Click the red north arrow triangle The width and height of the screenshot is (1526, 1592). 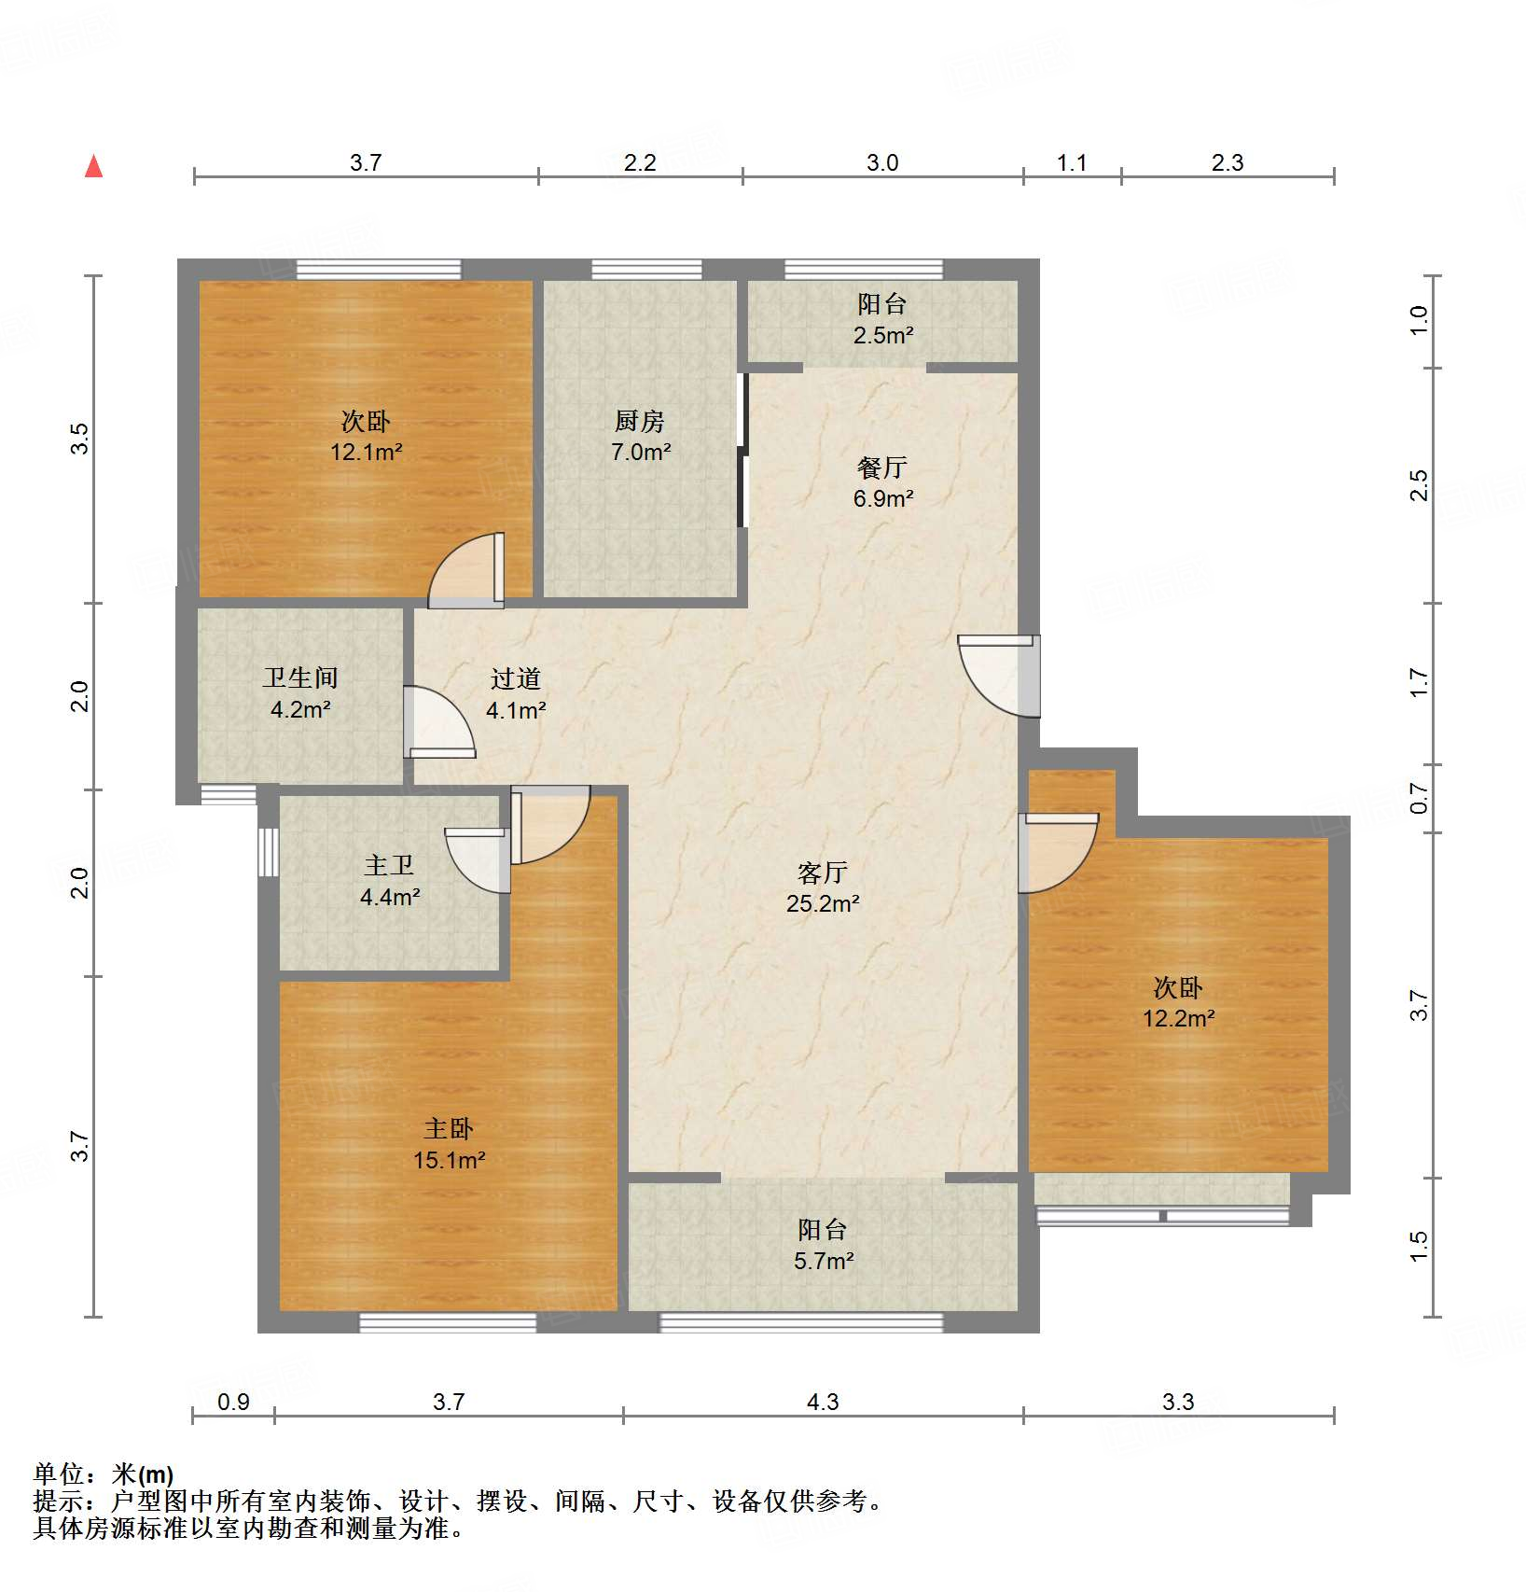(93, 167)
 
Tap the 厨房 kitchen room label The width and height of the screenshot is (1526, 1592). (640, 422)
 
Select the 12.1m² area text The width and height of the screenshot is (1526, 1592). (366, 453)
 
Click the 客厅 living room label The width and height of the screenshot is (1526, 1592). (822, 873)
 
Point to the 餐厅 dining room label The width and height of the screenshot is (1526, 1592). (882, 468)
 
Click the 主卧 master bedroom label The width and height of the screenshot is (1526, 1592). (449, 1129)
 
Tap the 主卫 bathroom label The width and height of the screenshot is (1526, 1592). (389, 866)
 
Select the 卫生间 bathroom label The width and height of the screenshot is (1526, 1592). (300, 677)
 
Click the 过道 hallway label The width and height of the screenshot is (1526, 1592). (515, 679)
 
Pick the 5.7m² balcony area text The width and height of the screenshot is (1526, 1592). (824, 1262)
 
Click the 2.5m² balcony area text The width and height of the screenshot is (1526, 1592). (882, 335)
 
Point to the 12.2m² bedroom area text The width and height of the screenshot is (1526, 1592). (1178, 1019)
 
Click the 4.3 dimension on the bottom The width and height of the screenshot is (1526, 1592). (823, 1402)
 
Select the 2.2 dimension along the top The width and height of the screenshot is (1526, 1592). (640, 163)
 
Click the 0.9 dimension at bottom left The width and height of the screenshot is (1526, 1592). (233, 1402)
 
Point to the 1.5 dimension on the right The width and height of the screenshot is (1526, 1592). (1419, 1246)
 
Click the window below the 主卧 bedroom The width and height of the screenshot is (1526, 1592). (449, 1322)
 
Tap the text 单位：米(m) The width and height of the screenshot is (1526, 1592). (104, 1474)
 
